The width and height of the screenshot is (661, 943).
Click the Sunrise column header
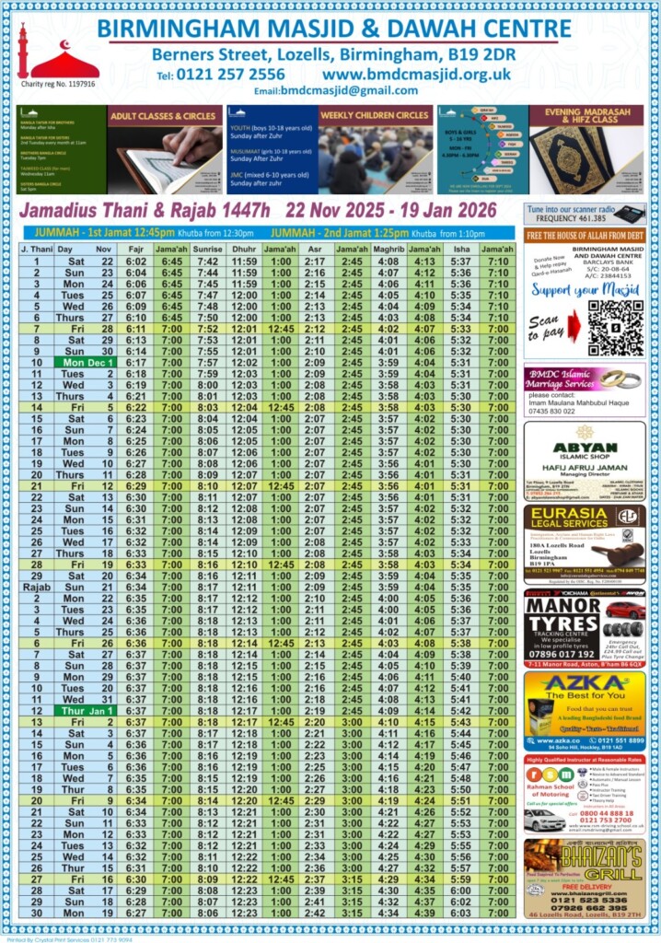tap(208, 249)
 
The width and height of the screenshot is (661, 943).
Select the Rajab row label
tap(37, 587)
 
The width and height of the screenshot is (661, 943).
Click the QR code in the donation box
tap(616, 328)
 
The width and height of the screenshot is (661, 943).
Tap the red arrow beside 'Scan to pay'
tap(574, 326)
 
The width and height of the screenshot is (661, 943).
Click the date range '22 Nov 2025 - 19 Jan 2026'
tap(392, 211)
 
